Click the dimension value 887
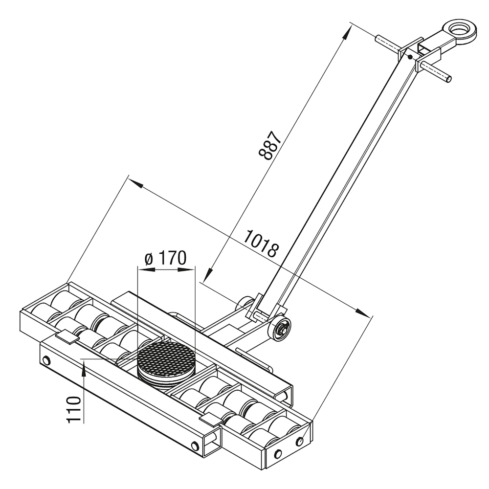270,145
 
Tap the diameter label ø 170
166,258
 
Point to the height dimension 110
74,409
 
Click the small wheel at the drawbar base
279,329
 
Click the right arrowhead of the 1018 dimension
362,312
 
